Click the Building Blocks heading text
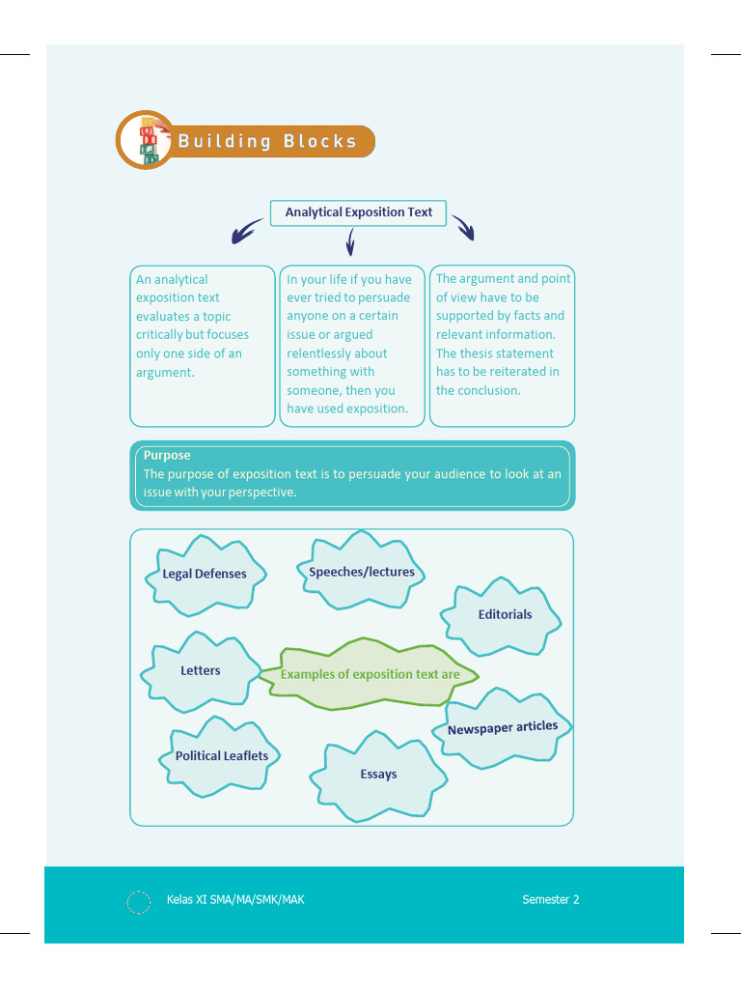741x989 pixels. coord(267,141)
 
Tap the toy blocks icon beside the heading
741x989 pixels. coord(148,142)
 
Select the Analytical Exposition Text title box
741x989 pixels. coord(358,212)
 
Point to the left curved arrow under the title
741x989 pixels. coord(246,231)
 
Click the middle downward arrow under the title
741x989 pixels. coord(350,240)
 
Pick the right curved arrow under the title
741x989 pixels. coord(464,228)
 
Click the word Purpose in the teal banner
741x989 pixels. coord(167,455)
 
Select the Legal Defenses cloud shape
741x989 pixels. coord(205,575)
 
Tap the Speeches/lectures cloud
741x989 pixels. coord(362,572)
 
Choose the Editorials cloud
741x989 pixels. coord(504,615)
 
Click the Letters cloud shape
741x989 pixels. coord(201,671)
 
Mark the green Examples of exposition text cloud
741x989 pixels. coord(370,674)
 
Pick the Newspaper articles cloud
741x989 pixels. coord(502,727)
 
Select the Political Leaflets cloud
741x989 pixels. coord(222,756)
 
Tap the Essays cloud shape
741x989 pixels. coord(378,775)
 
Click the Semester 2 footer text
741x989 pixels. coord(551,899)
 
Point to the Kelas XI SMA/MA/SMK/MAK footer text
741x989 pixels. coord(235,899)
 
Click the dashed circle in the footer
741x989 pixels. coord(139,902)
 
